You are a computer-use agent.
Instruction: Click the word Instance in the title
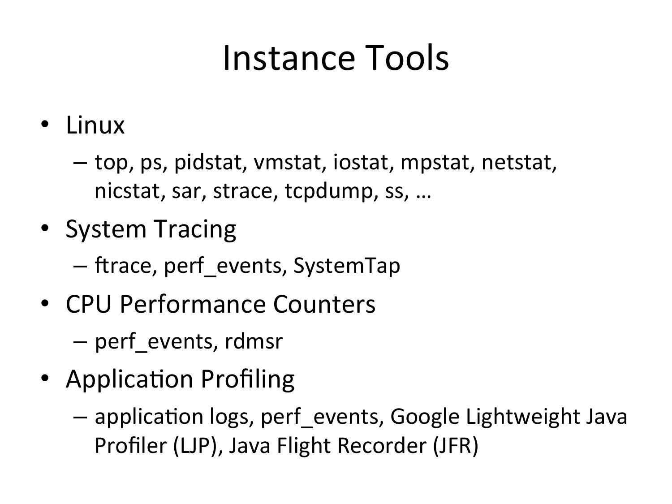click(289, 58)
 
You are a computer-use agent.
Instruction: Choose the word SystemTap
click(347, 266)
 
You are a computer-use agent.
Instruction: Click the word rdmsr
click(254, 341)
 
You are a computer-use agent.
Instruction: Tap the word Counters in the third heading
click(324, 304)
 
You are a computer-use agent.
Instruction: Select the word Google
click(425, 417)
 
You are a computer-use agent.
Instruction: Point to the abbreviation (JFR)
click(456, 446)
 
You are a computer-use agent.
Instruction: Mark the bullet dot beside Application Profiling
click(45, 378)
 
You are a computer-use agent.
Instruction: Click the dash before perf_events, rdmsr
click(80, 341)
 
